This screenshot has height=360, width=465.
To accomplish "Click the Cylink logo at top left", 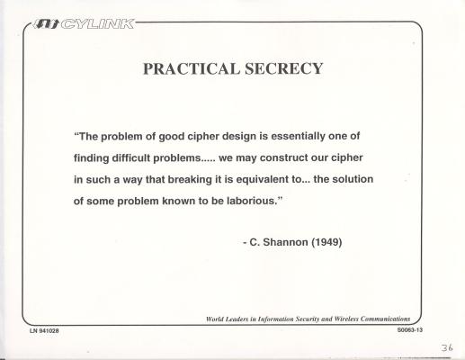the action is (84, 23).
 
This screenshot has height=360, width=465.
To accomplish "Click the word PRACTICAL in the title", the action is (192, 68).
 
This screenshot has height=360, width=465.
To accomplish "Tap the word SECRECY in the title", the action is (283, 68).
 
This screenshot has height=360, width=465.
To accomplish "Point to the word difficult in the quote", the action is (131, 157).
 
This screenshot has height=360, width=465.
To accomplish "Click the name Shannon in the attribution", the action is (285, 242).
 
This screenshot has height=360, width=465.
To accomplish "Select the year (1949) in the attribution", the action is (326, 242).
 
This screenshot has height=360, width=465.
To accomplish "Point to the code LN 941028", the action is (44, 331).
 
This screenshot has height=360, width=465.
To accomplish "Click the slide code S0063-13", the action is (410, 330).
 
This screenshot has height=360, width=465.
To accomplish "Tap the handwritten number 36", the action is (447, 347).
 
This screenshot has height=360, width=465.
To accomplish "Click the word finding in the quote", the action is (92, 157).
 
